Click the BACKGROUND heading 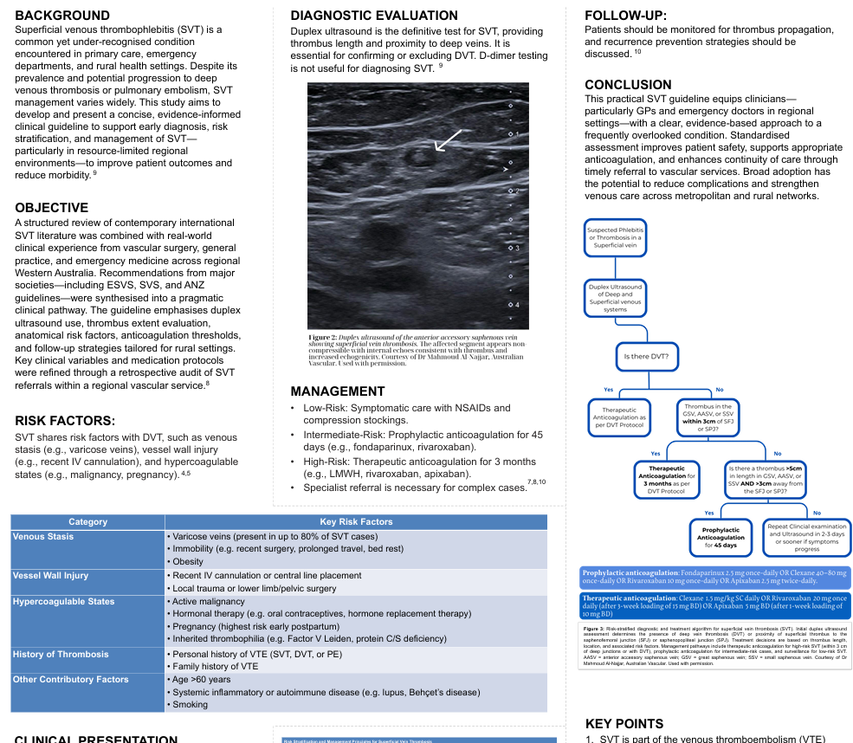click(x=62, y=16)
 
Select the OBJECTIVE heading click(x=52, y=208)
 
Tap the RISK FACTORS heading click(x=65, y=421)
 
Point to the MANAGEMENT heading click(x=338, y=391)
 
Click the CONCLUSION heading click(x=628, y=85)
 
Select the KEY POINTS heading click(x=624, y=724)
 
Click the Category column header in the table click(x=87, y=522)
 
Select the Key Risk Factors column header click(x=356, y=522)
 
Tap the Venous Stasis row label click(x=43, y=537)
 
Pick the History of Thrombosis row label click(x=61, y=654)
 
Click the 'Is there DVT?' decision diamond click(x=646, y=357)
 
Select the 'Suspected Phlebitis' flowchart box click(x=614, y=238)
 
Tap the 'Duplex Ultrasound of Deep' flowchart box click(x=615, y=297)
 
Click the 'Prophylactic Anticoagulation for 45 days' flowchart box click(x=721, y=537)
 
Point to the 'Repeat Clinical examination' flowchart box click(x=806, y=537)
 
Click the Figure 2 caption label click(x=321, y=337)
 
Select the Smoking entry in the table click(x=191, y=704)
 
